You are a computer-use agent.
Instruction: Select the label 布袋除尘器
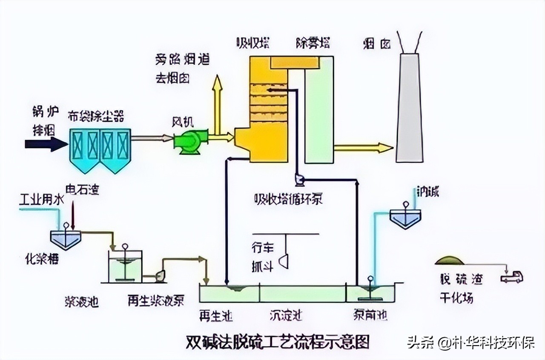pos(96,115)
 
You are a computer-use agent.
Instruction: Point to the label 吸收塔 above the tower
pos(253,43)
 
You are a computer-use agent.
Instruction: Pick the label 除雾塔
pos(313,43)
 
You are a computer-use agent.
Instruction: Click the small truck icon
pos(511,277)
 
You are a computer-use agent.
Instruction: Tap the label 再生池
pos(216,315)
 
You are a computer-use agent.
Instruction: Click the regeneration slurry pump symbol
pos(161,276)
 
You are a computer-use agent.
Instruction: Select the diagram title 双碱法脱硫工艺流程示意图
pos(278,341)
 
